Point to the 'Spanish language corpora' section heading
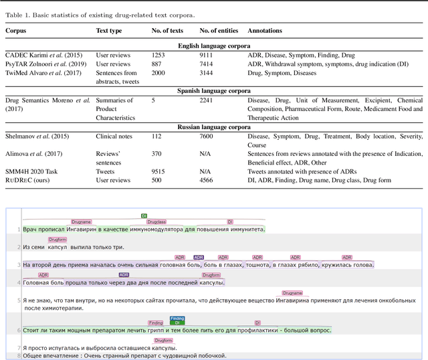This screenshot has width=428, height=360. pyautogui.click(x=213, y=90)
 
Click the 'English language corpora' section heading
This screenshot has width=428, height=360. pyautogui.click(x=213, y=46)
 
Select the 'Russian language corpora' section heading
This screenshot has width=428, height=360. pyautogui.click(x=213, y=126)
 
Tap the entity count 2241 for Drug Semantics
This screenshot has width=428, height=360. pyautogui.click(x=207, y=100)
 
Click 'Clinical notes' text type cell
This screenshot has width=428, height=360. pyautogui.click(x=114, y=136)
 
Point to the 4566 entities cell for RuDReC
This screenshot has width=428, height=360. pyautogui.click(x=207, y=179)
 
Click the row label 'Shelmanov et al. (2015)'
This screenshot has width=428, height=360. pyautogui.click(x=37, y=136)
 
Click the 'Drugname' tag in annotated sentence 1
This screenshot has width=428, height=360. pyautogui.click(x=81, y=221)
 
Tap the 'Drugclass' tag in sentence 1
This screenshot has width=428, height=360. pyautogui.click(x=156, y=221)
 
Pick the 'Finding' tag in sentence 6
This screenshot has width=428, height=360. pyautogui.click(x=156, y=323)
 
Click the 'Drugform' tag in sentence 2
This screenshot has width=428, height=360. pyautogui.click(x=58, y=239)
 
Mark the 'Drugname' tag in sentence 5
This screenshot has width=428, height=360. pyautogui.click(x=292, y=292)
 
